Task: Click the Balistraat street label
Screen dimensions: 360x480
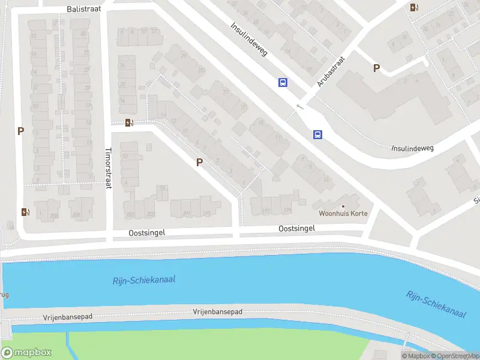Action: [84, 10]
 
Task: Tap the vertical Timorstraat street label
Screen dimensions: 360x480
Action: [109, 169]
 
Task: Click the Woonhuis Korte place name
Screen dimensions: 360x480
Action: [343, 214]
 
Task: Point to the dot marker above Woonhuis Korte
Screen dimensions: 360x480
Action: [343, 206]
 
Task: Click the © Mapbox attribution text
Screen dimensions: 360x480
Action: [416, 356]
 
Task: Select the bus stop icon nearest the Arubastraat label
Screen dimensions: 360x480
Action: [283, 83]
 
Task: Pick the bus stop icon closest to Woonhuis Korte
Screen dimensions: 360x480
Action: [317, 135]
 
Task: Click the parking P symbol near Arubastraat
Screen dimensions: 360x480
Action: [376, 68]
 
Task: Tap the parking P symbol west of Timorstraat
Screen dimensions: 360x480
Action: [20, 131]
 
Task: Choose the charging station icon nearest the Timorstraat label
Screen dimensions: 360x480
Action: [129, 123]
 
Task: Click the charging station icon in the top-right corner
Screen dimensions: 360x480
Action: [413, 7]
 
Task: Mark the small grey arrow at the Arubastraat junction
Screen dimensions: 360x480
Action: [300, 107]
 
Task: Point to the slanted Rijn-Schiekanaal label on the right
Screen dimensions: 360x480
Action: [436, 304]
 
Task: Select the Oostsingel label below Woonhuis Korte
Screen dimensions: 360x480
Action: [296, 229]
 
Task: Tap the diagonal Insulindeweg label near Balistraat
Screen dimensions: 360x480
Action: [249, 40]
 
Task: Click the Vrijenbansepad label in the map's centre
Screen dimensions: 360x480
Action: [217, 312]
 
